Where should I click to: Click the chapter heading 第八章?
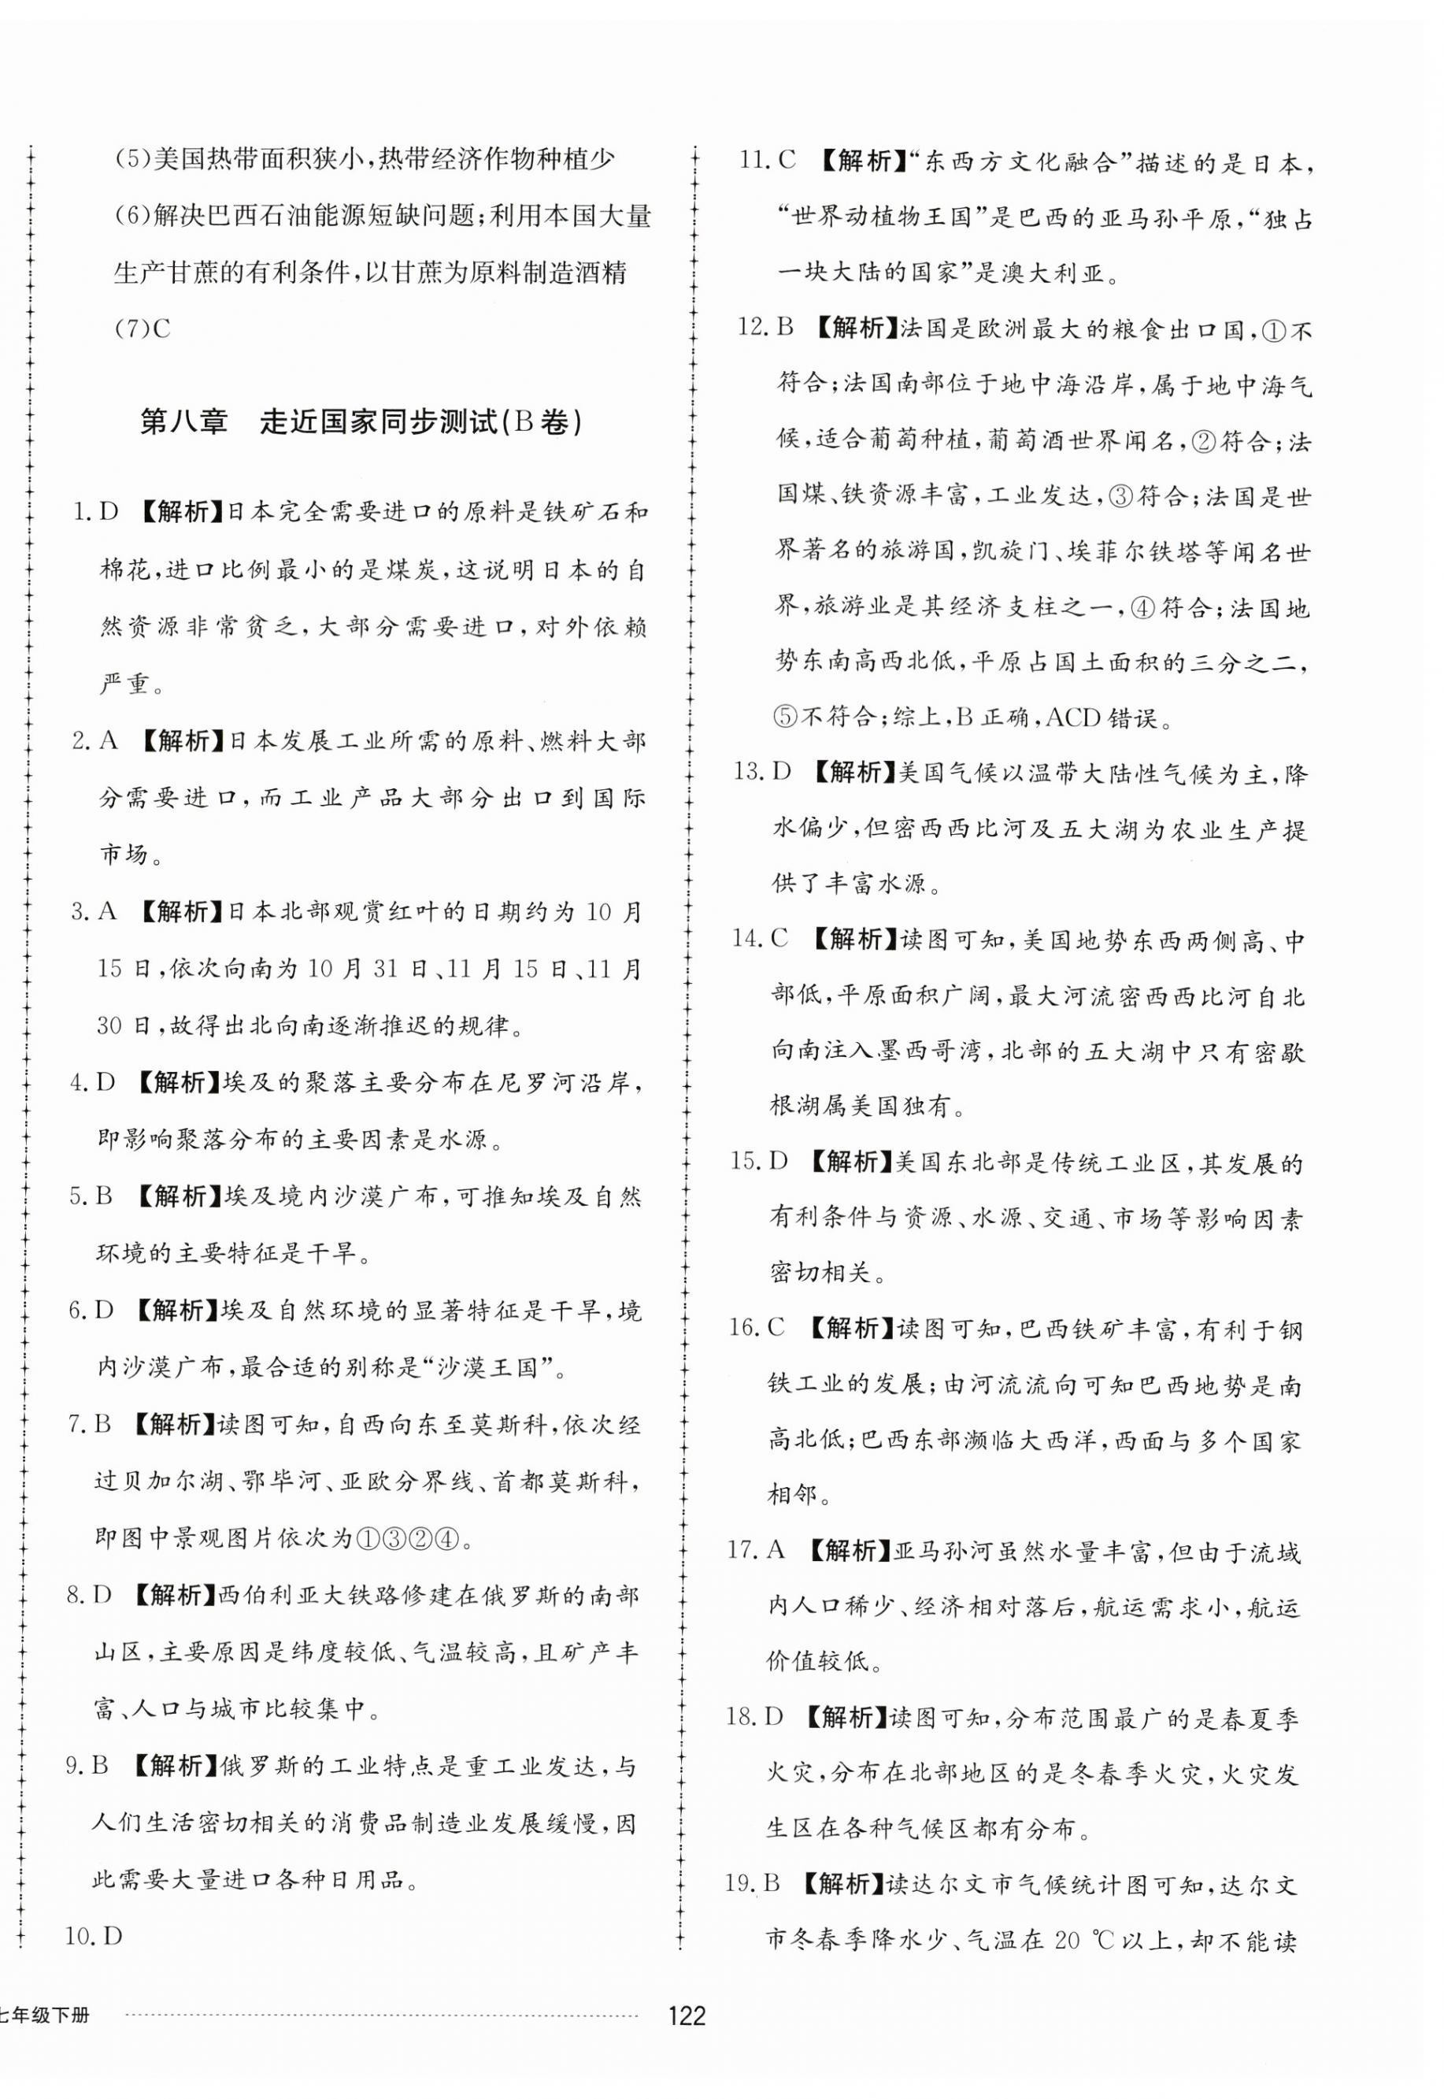coord(183,423)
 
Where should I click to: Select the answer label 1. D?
coord(95,512)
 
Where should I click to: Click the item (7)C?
coord(143,328)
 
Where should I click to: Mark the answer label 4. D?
coord(93,1082)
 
